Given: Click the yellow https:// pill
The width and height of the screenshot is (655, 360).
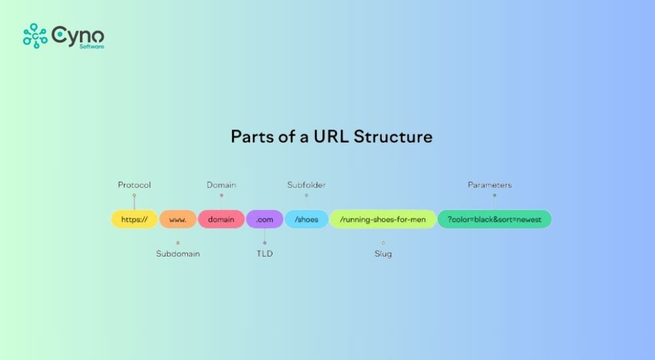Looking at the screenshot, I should click(134, 219).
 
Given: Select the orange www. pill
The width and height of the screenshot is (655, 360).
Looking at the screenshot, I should click(178, 219).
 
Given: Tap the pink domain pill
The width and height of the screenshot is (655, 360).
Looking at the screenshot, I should click(221, 219).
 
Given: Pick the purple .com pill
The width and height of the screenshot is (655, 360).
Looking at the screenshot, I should click(265, 219).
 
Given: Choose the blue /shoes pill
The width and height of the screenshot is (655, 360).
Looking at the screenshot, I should click(307, 219).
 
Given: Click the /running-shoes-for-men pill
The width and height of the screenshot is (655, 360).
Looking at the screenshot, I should click(383, 219).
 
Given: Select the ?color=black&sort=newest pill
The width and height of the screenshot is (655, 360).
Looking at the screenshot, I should click(495, 219).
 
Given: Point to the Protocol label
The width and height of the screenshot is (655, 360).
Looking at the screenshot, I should click(134, 185).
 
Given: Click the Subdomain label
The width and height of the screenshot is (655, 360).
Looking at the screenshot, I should click(178, 254).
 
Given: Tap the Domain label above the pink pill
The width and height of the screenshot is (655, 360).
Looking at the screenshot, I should click(221, 185).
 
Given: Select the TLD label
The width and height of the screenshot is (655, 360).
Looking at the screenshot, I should click(265, 254).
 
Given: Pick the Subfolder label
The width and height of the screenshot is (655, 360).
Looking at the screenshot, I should click(307, 185).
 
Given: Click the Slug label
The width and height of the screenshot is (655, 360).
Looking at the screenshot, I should click(383, 254).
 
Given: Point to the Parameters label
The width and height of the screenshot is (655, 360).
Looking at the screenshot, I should click(490, 185).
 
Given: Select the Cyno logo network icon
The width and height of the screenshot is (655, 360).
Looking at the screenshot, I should click(35, 36).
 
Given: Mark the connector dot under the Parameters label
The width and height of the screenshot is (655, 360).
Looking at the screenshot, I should click(495, 195).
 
